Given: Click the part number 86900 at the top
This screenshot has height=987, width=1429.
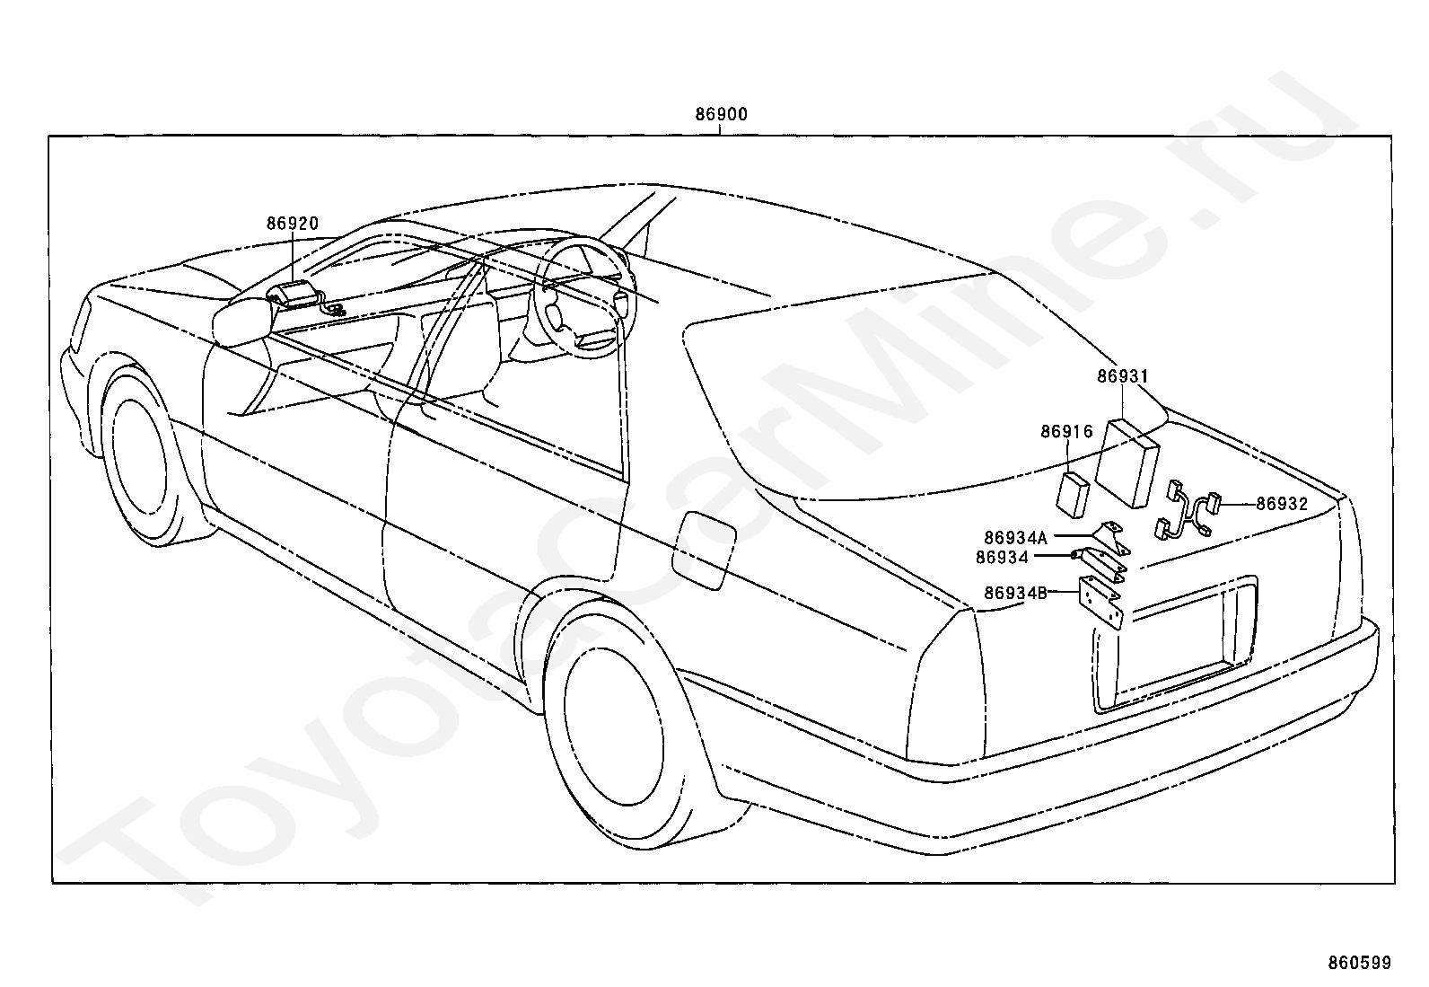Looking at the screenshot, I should [721, 114].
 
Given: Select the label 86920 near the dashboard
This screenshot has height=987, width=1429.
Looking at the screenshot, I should [292, 224].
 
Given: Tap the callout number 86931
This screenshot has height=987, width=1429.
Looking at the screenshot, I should [1122, 377].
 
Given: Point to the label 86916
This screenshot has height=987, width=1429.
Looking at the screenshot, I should [1066, 432].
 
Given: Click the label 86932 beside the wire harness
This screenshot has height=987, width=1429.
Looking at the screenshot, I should [1282, 505].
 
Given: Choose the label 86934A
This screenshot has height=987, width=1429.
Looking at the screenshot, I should [1015, 538].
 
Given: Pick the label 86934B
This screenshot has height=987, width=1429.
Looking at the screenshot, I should [1015, 593].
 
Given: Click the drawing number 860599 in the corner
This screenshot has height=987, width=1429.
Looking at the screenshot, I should [1359, 964].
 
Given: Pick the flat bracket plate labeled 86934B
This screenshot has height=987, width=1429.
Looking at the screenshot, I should [1101, 604].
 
